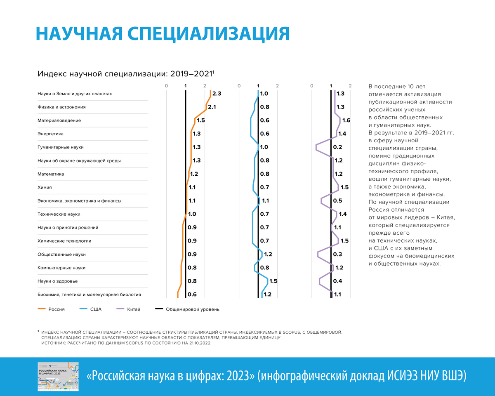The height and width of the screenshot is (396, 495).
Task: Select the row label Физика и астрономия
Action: (x=61, y=107)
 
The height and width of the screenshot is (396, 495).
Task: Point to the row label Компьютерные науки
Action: (x=61, y=268)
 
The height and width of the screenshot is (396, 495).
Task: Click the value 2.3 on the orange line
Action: (x=217, y=94)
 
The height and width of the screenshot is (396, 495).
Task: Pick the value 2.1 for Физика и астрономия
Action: (x=212, y=107)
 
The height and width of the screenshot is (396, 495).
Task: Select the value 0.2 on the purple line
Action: (x=337, y=147)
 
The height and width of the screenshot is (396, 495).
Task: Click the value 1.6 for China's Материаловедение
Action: (x=346, y=120)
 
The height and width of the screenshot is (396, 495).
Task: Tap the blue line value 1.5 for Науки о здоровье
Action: (x=273, y=281)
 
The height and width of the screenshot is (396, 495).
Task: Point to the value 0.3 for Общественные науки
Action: (x=337, y=255)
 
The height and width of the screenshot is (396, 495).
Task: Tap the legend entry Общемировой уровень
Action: (x=192, y=309)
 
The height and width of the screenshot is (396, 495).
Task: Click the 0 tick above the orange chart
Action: (x=166, y=86)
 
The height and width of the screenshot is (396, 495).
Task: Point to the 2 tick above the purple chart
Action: (x=350, y=86)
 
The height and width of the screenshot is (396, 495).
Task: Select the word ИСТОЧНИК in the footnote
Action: (x=55, y=343)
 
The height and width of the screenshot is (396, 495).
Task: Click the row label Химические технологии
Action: (x=64, y=241)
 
